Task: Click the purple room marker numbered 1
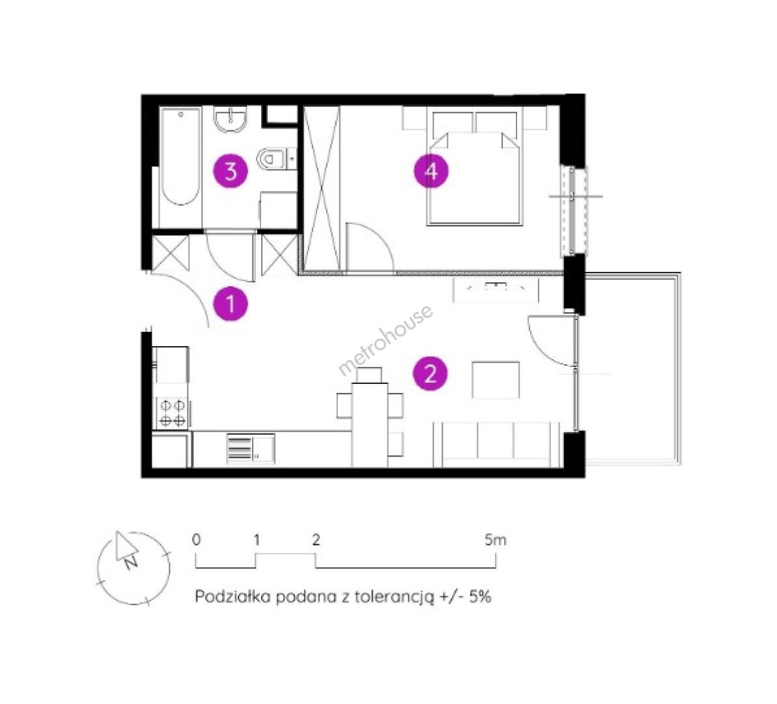coord(231,304)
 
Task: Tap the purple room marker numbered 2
coord(431,374)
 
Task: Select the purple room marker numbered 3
coord(231,171)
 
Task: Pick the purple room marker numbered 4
coord(431,171)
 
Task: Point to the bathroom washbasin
coord(231,121)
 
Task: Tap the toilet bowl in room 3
coord(272,159)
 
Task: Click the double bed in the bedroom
coord(475,169)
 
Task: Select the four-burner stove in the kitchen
coord(173,413)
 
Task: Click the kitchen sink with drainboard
coord(251,449)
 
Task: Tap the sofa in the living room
coord(496,445)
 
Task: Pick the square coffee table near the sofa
coord(496,380)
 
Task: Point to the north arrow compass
coord(133,568)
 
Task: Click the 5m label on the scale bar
coord(496,540)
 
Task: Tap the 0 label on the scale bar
coord(196,540)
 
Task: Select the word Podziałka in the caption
coord(233,596)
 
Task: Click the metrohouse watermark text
coord(386,340)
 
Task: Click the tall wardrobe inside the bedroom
coord(322,188)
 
